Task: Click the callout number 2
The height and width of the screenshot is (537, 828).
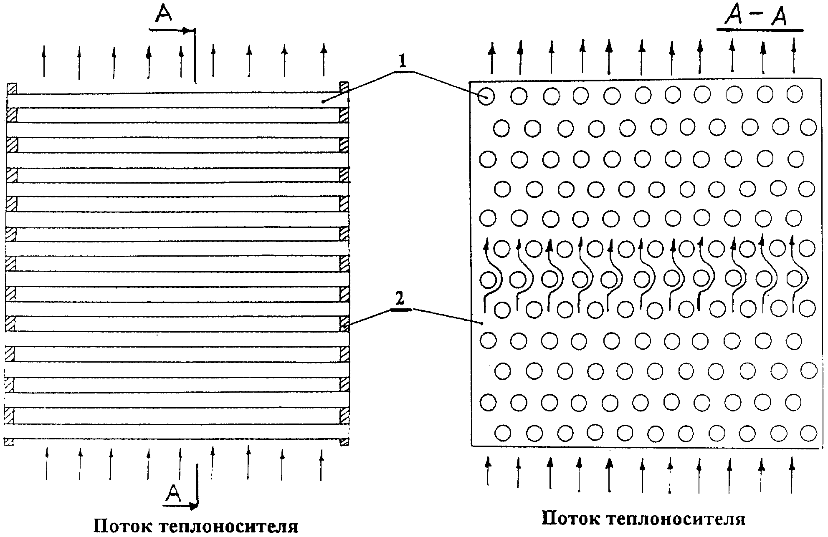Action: coord(400,299)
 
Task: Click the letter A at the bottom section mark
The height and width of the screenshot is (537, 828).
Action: coord(173,494)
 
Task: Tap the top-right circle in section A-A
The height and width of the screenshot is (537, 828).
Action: coord(794,93)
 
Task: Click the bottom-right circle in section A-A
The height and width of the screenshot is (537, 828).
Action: coord(808,433)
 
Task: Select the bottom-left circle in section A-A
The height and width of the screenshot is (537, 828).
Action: coord(503,433)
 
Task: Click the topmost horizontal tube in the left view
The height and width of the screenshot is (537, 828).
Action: coord(178,100)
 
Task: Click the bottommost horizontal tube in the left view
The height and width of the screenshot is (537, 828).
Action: coord(177,431)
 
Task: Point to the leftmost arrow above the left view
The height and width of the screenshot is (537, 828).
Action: coord(44,62)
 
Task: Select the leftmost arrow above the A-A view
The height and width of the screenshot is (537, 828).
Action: coord(492,58)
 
